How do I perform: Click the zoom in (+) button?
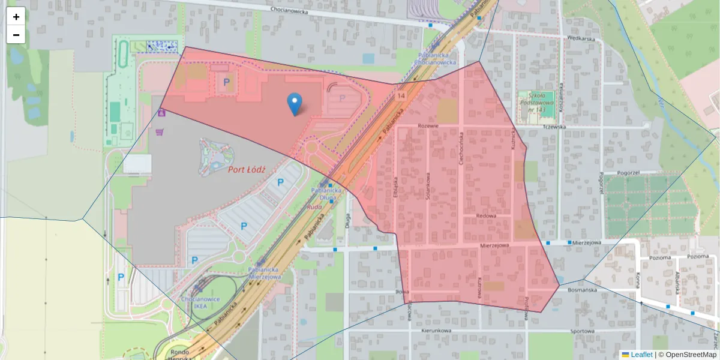[x=16, y=17]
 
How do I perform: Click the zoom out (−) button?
[x=16, y=35]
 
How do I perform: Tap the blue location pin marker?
[x=294, y=104]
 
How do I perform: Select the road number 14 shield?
[x=400, y=95]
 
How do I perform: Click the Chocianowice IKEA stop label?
[x=200, y=302]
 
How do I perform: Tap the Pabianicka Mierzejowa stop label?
[x=265, y=274]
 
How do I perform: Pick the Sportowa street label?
[x=581, y=331]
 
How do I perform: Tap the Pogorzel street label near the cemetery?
[x=619, y=172]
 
